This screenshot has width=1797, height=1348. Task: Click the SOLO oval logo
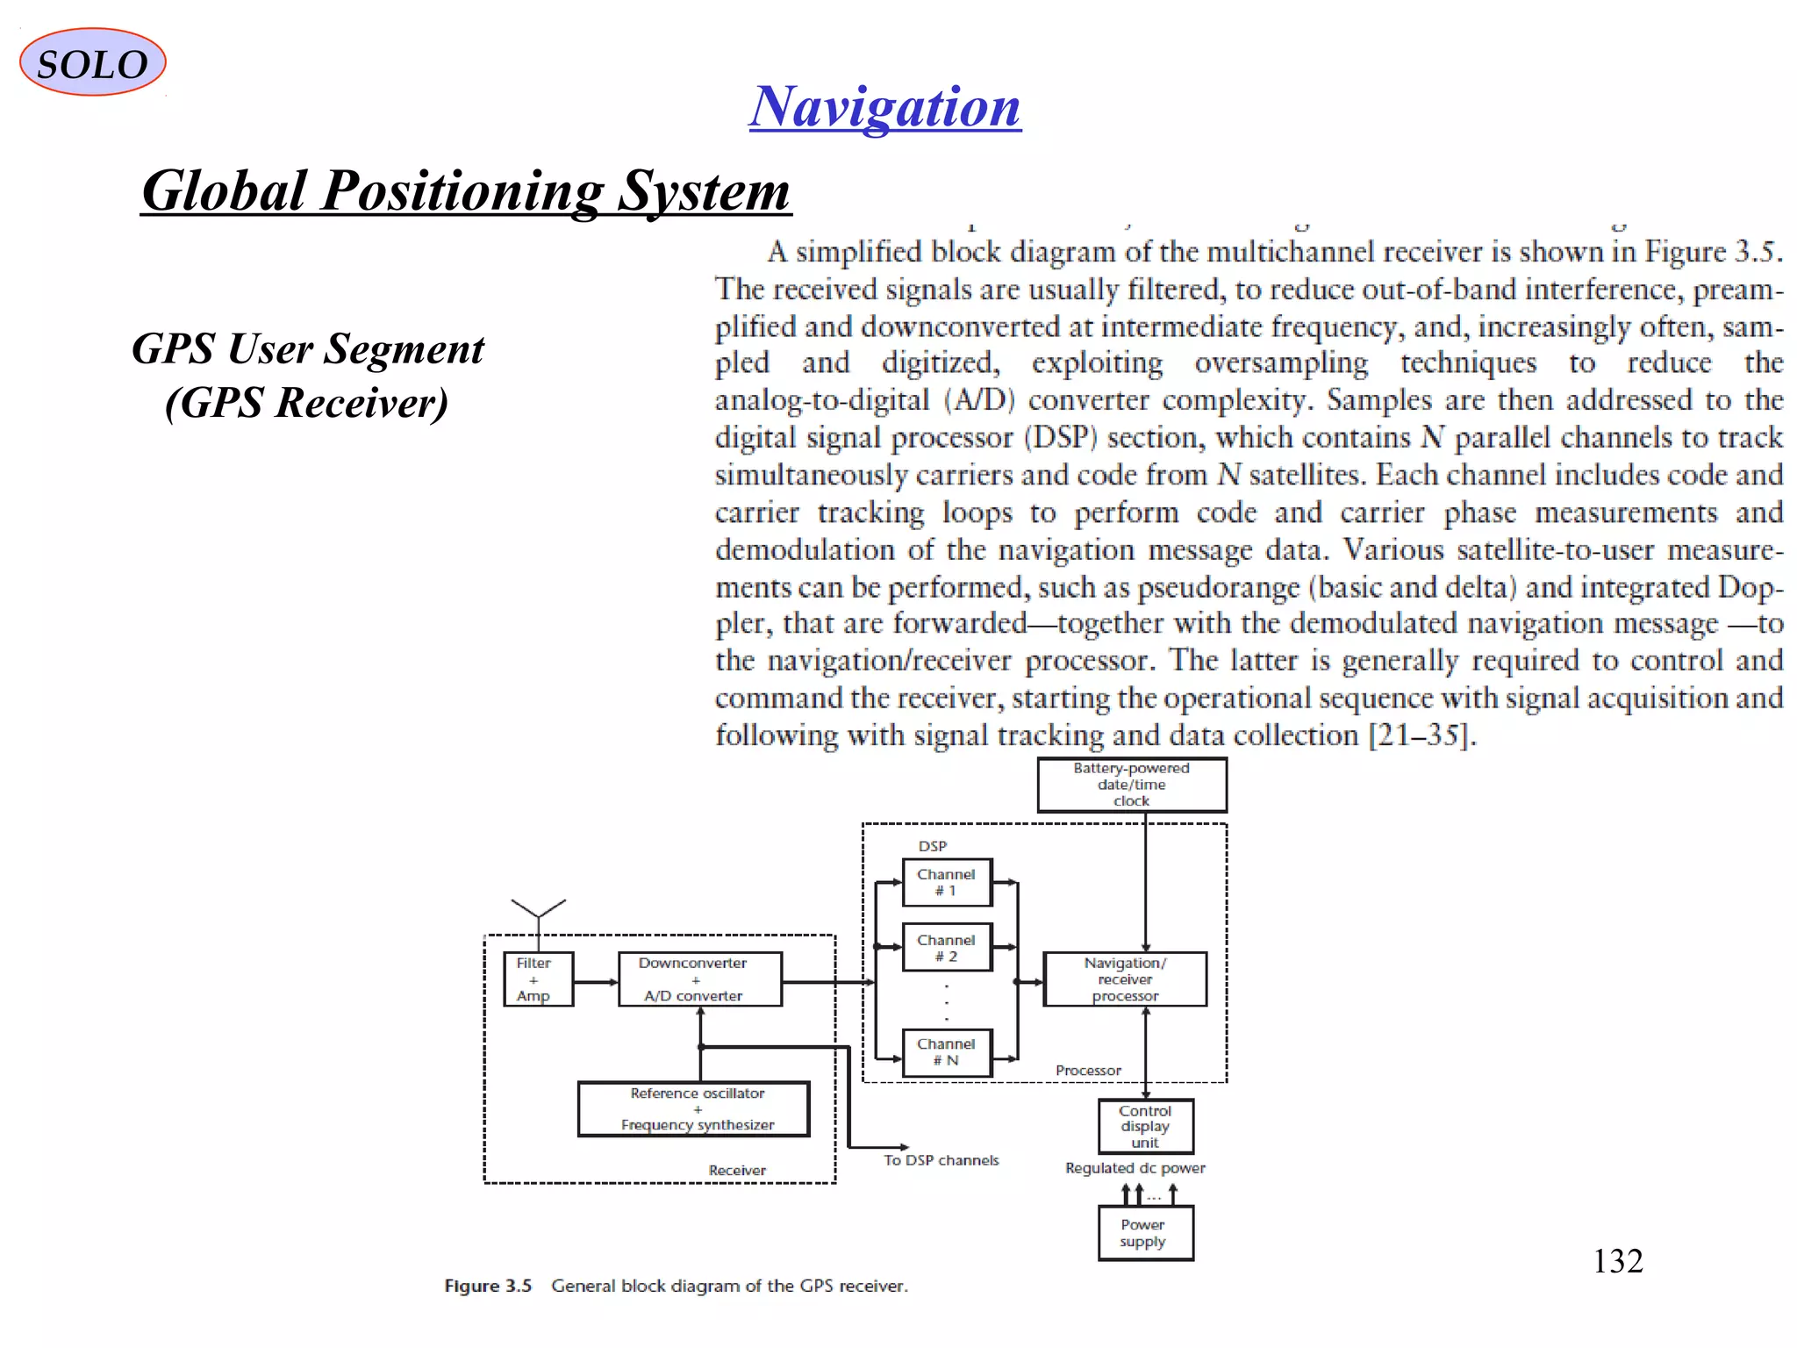92,62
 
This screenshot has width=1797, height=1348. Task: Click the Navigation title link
884,107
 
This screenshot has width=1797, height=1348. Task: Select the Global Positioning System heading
465,190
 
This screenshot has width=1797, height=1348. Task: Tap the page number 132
1617,1261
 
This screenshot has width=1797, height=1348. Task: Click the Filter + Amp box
538,979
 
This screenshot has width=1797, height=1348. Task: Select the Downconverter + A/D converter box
699,979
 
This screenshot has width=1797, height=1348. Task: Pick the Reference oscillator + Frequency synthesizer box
693,1109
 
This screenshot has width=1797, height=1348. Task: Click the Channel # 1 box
947,882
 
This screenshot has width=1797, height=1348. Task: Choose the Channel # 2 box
947,948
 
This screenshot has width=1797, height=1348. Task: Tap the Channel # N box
947,1052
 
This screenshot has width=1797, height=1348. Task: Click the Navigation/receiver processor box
1124,979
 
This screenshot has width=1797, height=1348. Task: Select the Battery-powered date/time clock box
1131,785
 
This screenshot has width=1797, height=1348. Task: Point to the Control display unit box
1145,1127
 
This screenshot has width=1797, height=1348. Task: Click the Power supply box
1145,1234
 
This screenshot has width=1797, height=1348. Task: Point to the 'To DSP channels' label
941,1160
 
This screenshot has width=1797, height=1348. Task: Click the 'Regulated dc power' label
1135,1168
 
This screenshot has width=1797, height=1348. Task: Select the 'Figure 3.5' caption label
488,1286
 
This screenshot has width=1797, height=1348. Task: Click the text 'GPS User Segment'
307,349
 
